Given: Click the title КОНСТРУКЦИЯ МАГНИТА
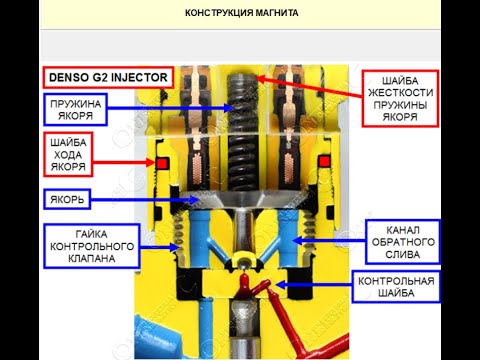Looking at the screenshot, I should [x=241, y=14].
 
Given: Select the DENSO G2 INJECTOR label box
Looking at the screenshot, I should [x=108, y=76].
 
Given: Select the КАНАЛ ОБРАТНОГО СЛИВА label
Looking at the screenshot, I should [x=399, y=239].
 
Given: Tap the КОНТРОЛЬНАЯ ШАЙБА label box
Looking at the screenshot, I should [x=394, y=288].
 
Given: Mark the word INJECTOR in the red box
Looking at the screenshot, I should [x=136, y=76].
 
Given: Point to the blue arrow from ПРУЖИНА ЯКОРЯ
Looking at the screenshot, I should [x=170, y=107].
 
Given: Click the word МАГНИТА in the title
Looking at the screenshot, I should [x=273, y=14].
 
